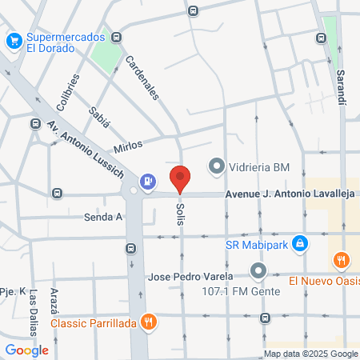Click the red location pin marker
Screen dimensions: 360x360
click(180, 179)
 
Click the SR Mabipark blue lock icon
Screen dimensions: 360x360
click(299, 242)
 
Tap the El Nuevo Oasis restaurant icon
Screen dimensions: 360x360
click(342, 260)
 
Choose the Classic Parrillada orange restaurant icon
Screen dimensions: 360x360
click(148, 323)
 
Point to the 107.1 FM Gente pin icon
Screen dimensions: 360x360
click(258, 271)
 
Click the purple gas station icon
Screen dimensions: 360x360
click(148, 182)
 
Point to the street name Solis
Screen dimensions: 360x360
click(179, 213)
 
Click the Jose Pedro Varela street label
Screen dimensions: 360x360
click(190, 277)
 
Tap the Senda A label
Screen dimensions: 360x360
click(103, 216)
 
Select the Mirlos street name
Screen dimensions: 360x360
click(128, 146)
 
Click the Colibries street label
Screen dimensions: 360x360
click(68, 92)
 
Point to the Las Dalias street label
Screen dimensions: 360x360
click(34, 311)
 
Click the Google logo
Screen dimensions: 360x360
click(26, 350)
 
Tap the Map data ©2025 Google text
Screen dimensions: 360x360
click(311, 354)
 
